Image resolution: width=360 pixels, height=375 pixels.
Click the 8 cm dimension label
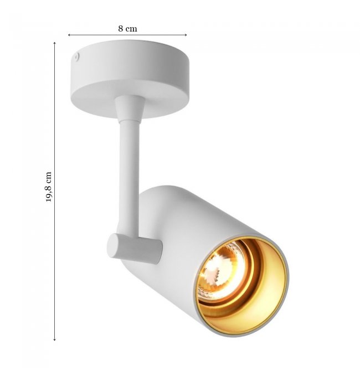(x=127, y=29)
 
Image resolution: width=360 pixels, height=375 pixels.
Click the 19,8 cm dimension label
(x=49, y=187)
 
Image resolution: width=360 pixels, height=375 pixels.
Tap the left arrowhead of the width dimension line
(x=69, y=35)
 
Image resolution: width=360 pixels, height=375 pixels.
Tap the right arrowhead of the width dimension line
(x=186, y=35)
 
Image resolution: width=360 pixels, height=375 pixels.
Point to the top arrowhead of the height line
(x=54, y=43)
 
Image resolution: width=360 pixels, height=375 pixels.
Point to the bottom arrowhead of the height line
(x=54, y=339)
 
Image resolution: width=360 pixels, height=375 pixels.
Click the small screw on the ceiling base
(x=77, y=56)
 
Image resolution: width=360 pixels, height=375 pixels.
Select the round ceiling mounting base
(x=130, y=79)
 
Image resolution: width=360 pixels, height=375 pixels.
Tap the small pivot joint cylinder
(x=135, y=249)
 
